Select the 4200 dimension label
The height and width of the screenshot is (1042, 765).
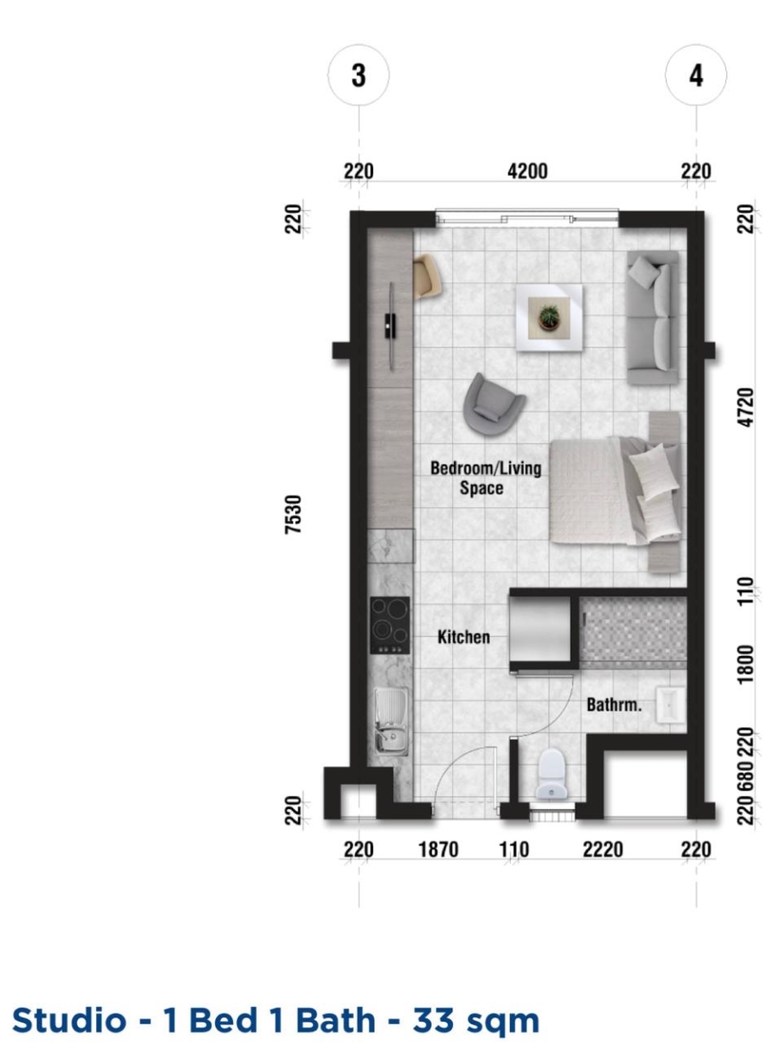pyautogui.click(x=527, y=172)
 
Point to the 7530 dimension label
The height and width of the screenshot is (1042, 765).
pyautogui.click(x=293, y=514)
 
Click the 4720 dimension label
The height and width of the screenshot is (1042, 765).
pyautogui.click(x=745, y=407)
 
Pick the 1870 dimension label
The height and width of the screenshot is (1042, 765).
pyautogui.click(x=439, y=850)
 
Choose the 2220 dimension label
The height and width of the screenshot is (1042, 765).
pyautogui.click(x=603, y=850)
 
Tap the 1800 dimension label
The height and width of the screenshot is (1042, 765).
pyautogui.click(x=745, y=665)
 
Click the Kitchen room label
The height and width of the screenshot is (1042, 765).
pyautogui.click(x=463, y=637)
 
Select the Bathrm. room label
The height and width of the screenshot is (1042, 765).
pyautogui.click(x=614, y=705)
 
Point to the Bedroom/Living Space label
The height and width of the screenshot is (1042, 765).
pyautogui.click(x=485, y=478)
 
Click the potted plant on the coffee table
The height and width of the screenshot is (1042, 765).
pyautogui.click(x=549, y=318)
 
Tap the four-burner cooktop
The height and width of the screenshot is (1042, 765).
pyautogui.click(x=390, y=626)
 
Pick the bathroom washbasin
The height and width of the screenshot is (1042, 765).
pyautogui.click(x=671, y=705)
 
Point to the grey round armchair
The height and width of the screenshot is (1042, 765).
pyautogui.click(x=493, y=405)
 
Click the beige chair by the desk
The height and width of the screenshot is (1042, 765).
pyautogui.click(x=428, y=277)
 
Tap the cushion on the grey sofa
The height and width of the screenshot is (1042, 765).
pyautogui.click(x=644, y=271)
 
